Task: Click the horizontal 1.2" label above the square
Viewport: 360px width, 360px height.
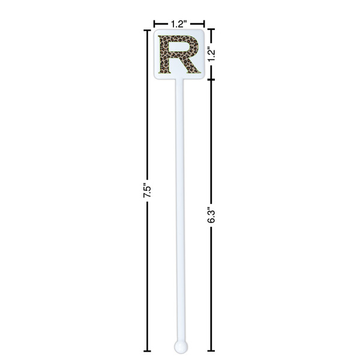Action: (x=178, y=24)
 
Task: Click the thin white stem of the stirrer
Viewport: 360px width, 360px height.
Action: (x=180, y=210)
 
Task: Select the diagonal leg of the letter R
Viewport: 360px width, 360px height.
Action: (x=190, y=65)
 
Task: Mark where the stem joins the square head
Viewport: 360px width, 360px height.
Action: (x=180, y=80)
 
